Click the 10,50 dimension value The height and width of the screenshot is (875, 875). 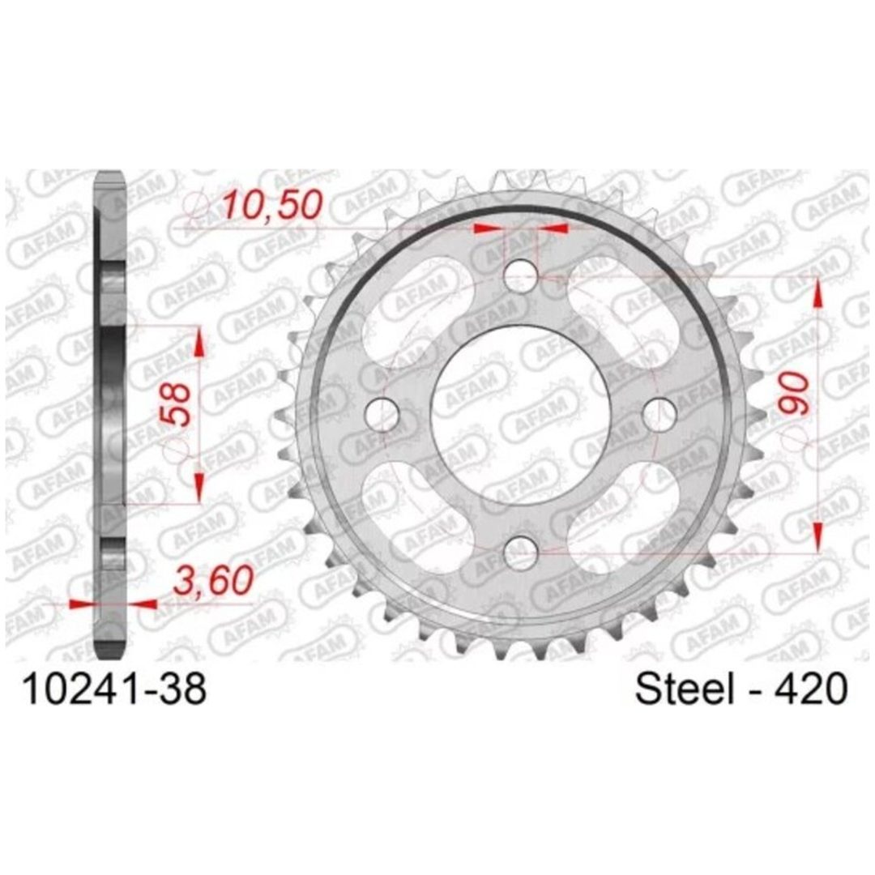click(x=273, y=205)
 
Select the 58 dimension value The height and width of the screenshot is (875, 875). click(x=177, y=403)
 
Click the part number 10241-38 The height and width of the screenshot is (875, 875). click(x=114, y=689)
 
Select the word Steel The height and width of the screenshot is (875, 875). click(x=684, y=689)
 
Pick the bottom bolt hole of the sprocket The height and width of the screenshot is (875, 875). click(x=521, y=553)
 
